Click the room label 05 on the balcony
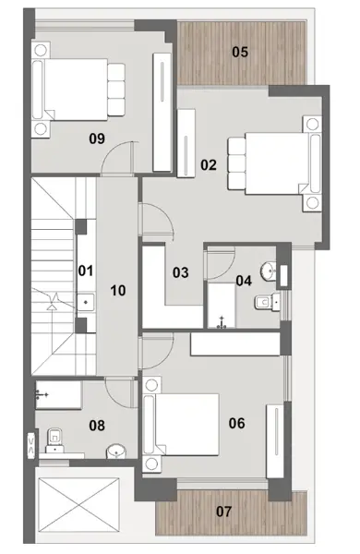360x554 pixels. [240, 53]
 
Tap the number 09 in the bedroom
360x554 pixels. [97, 138]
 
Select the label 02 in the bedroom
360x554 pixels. [209, 165]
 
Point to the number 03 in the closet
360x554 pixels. [181, 272]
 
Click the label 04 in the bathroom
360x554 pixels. [244, 281]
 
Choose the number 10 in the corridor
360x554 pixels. [118, 291]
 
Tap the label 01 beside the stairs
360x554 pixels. [86, 271]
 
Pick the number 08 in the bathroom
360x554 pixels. [97, 426]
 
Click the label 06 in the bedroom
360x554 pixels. [236, 423]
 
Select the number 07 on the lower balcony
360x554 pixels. [223, 512]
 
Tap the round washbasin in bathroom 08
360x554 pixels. [116, 452]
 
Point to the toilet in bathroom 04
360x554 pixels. [267, 302]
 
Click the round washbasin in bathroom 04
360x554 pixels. [269, 271]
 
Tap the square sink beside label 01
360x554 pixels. [86, 302]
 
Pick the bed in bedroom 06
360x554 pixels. [181, 425]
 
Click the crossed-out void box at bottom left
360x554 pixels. [78, 504]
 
